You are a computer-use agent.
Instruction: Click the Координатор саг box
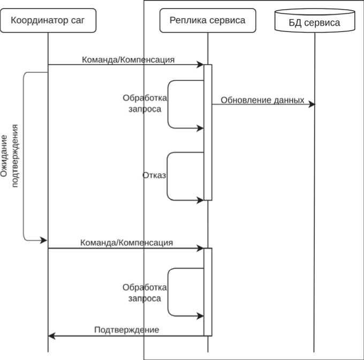click(x=48, y=21)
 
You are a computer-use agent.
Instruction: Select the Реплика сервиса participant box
click(x=208, y=21)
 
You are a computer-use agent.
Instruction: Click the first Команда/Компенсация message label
click(x=128, y=59)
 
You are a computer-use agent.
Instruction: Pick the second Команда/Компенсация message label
click(x=126, y=243)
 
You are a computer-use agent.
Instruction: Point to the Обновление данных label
click(x=262, y=100)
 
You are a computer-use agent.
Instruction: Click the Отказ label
click(x=155, y=175)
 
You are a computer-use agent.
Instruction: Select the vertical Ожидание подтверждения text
click(x=11, y=156)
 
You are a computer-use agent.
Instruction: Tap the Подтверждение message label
click(x=126, y=329)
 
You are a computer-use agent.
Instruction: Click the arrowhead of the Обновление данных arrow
click(x=312, y=104)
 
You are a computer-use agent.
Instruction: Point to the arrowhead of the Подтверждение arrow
click(x=51, y=336)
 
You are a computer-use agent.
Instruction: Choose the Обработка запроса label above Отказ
click(x=145, y=103)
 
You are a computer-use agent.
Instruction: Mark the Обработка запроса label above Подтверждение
click(x=145, y=292)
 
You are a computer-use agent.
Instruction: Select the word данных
click(x=286, y=100)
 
